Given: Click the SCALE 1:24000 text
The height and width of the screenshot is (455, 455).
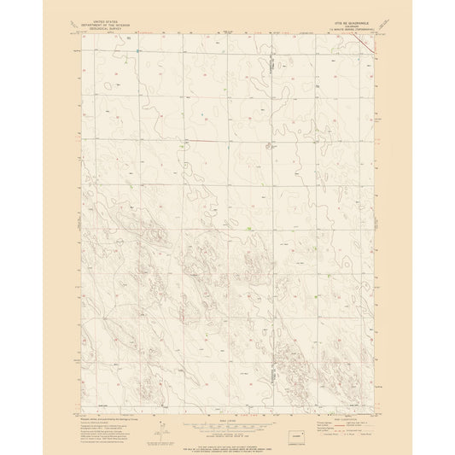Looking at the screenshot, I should point(226,417).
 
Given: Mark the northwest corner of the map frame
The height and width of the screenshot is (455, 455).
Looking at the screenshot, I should point(84,34).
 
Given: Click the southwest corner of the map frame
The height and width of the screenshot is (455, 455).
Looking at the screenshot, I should point(84,412).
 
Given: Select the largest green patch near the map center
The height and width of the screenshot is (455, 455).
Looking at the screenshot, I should point(247,228).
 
